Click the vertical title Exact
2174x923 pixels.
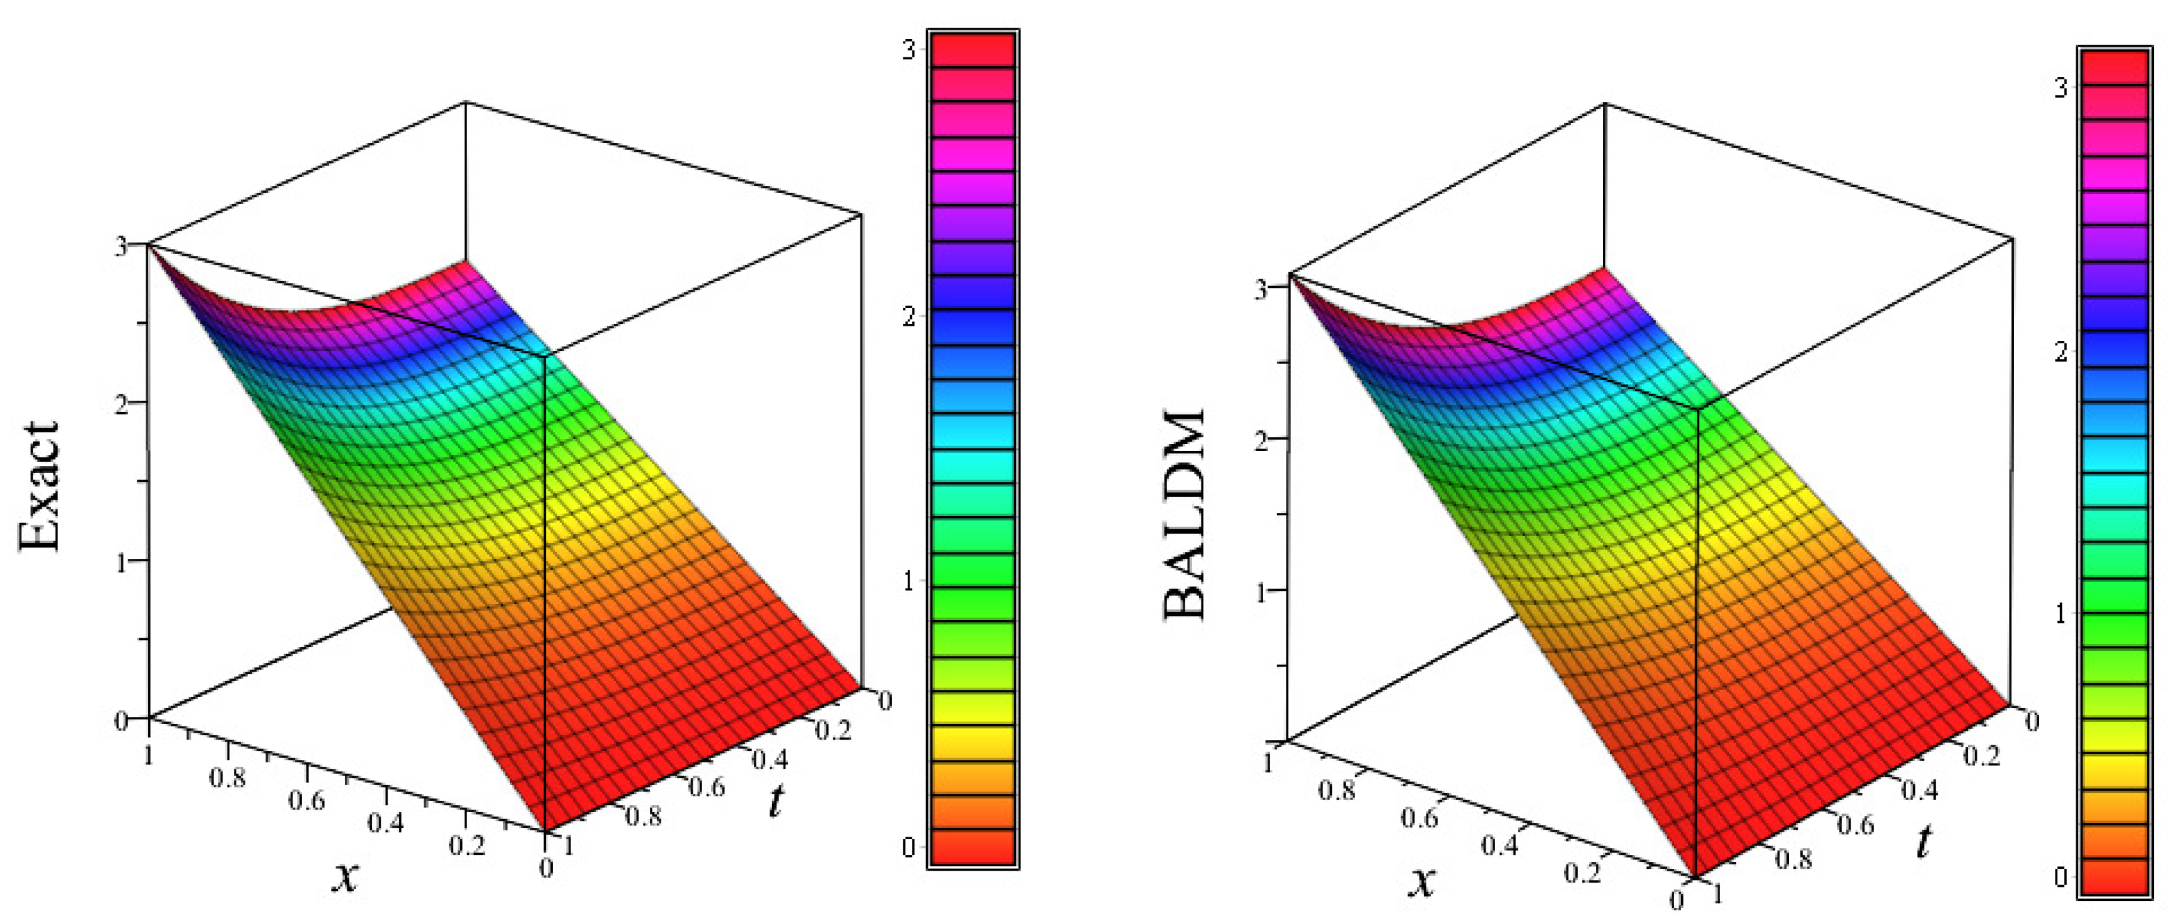[x=40, y=487]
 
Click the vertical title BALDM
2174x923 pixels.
[x=1185, y=515]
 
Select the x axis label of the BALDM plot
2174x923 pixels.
[x=1423, y=881]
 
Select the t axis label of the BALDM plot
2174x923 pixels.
[x=1923, y=841]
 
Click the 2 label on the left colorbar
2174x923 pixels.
[x=909, y=318]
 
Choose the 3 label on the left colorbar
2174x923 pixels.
[x=909, y=50]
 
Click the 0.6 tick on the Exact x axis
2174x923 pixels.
[x=306, y=798]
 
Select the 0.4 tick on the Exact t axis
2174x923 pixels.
[x=770, y=759]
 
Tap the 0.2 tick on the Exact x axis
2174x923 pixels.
[x=466, y=844]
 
